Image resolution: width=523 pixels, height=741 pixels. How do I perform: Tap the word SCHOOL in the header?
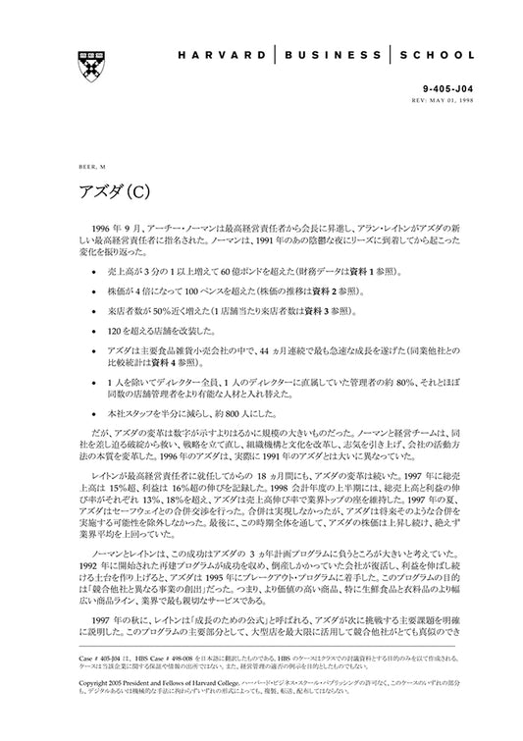[x=439, y=56]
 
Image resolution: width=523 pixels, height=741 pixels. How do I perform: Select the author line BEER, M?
[x=85, y=167]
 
